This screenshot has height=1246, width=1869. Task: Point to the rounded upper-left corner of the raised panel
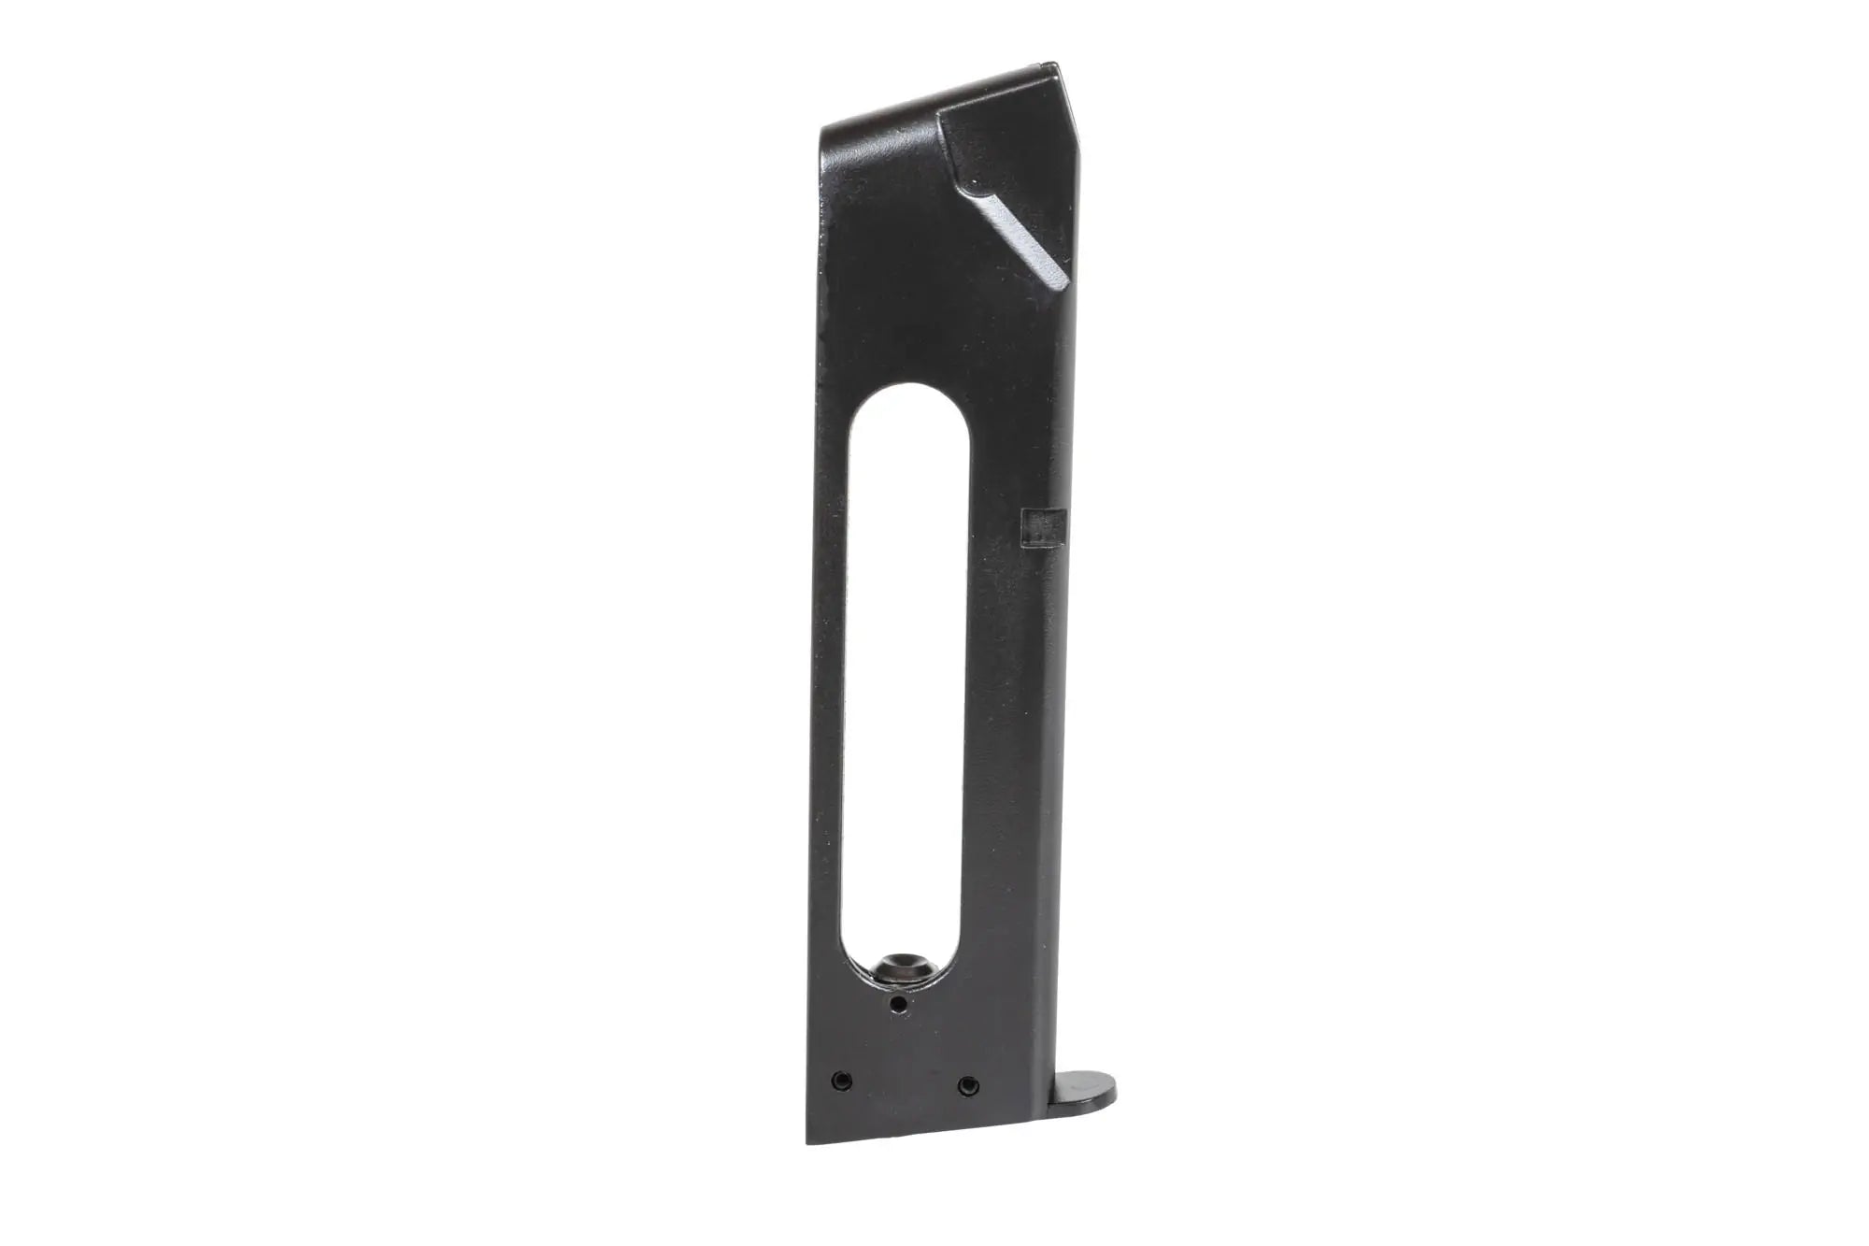pos(946,113)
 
